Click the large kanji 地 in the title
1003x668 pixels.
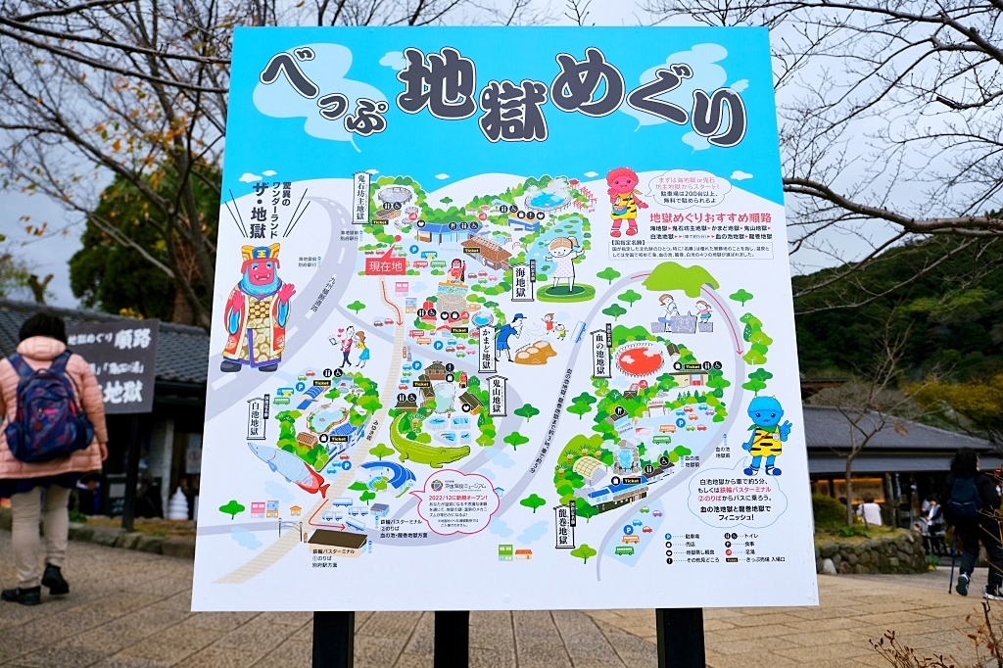tap(437, 85)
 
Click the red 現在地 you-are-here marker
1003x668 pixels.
tap(385, 264)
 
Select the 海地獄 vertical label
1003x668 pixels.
tap(520, 282)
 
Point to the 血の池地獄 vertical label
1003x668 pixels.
tap(600, 352)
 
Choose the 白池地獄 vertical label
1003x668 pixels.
tap(257, 417)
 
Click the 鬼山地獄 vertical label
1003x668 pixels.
tap(498, 395)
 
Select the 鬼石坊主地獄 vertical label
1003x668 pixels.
tap(360, 199)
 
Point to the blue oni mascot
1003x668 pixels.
tap(765, 435)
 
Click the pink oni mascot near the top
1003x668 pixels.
tap(623, 200)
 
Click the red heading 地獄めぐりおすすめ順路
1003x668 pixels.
tap(710, 217)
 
